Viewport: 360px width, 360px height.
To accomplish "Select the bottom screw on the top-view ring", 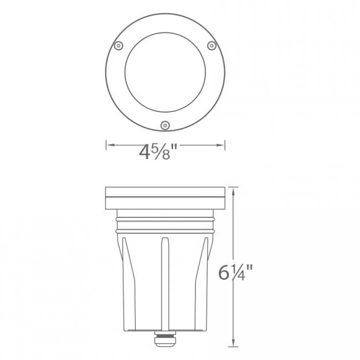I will [x=165, y=125].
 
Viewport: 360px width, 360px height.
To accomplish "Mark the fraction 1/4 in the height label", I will [x=242, y=274].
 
